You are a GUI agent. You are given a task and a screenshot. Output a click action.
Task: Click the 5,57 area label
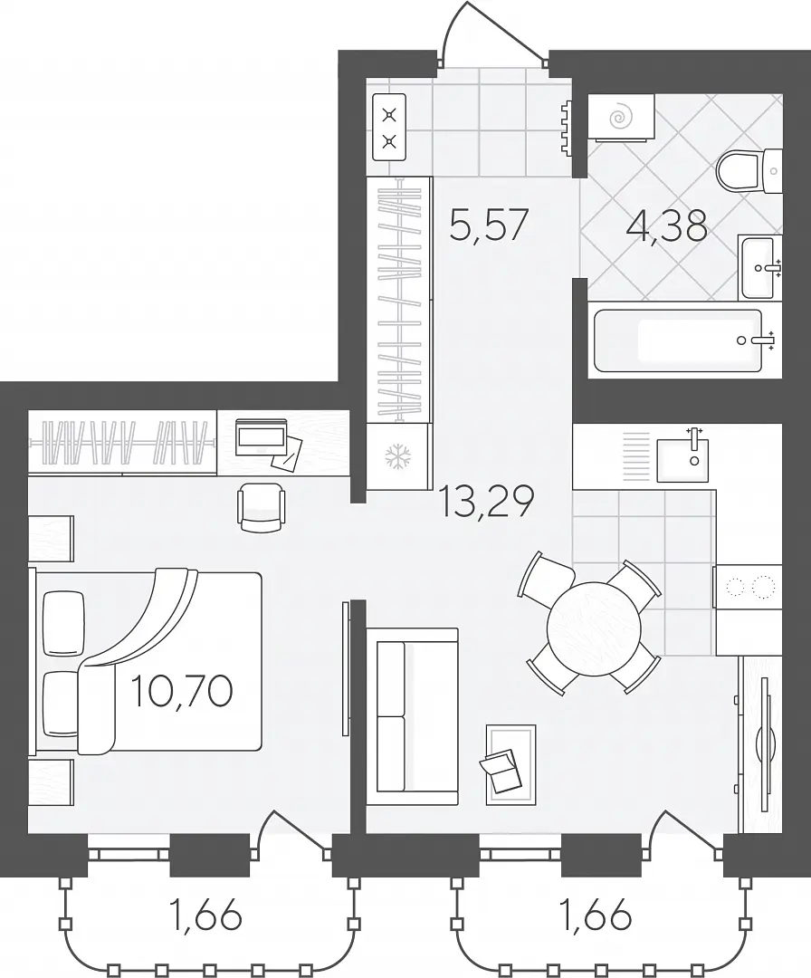(490, 225)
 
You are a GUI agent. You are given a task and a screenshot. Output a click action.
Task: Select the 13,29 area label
(487, 501)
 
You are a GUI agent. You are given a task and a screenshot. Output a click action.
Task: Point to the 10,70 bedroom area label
(182, 690)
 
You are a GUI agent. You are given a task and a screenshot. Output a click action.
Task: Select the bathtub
(685, 340)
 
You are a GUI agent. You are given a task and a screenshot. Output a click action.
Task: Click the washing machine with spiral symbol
(620, 117)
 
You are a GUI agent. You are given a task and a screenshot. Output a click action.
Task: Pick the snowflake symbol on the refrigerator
(396, 455)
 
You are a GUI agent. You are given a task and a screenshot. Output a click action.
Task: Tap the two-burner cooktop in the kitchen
(749, 587)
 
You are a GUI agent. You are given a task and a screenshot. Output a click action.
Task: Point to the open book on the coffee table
(501, 770)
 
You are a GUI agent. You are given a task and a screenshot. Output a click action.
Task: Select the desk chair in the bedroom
(262, 508)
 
